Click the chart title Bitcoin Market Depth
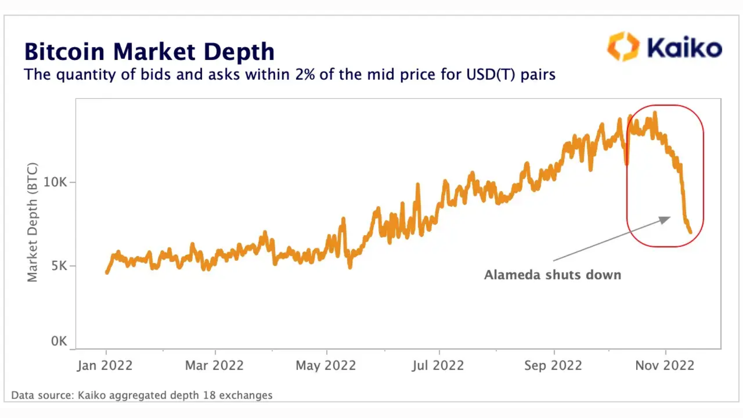149,52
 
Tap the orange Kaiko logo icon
623,47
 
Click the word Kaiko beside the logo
684,48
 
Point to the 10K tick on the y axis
54,182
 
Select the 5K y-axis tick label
59,266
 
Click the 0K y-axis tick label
59,341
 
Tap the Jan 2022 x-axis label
105,366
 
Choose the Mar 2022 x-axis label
214,366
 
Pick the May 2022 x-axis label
326,366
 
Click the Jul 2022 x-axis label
438,366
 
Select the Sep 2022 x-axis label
553,366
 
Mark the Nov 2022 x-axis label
665,366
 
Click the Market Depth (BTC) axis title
32,222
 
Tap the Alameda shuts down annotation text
552,275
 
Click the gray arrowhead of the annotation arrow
665,220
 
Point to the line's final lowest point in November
691,232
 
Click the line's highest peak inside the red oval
655,113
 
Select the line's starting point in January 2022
107,272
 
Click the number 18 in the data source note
209,395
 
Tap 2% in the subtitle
305,75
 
